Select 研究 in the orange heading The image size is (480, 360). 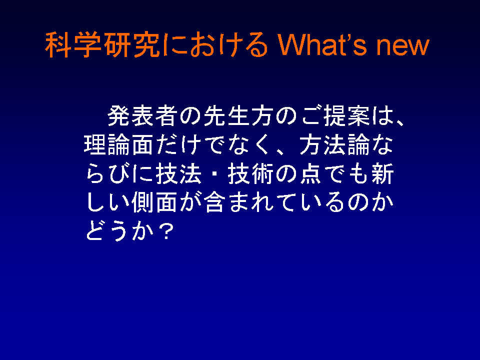131,44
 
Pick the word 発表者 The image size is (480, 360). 143,115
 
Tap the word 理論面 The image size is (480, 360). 119,144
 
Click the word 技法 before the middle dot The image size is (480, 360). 179,173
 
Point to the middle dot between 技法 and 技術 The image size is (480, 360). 215,174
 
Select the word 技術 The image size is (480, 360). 250,173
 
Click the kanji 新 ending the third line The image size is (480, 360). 382,173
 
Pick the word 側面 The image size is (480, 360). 154,202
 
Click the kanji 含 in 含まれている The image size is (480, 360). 215,202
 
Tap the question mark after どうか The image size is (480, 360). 167,231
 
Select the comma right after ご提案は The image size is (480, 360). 400,122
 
